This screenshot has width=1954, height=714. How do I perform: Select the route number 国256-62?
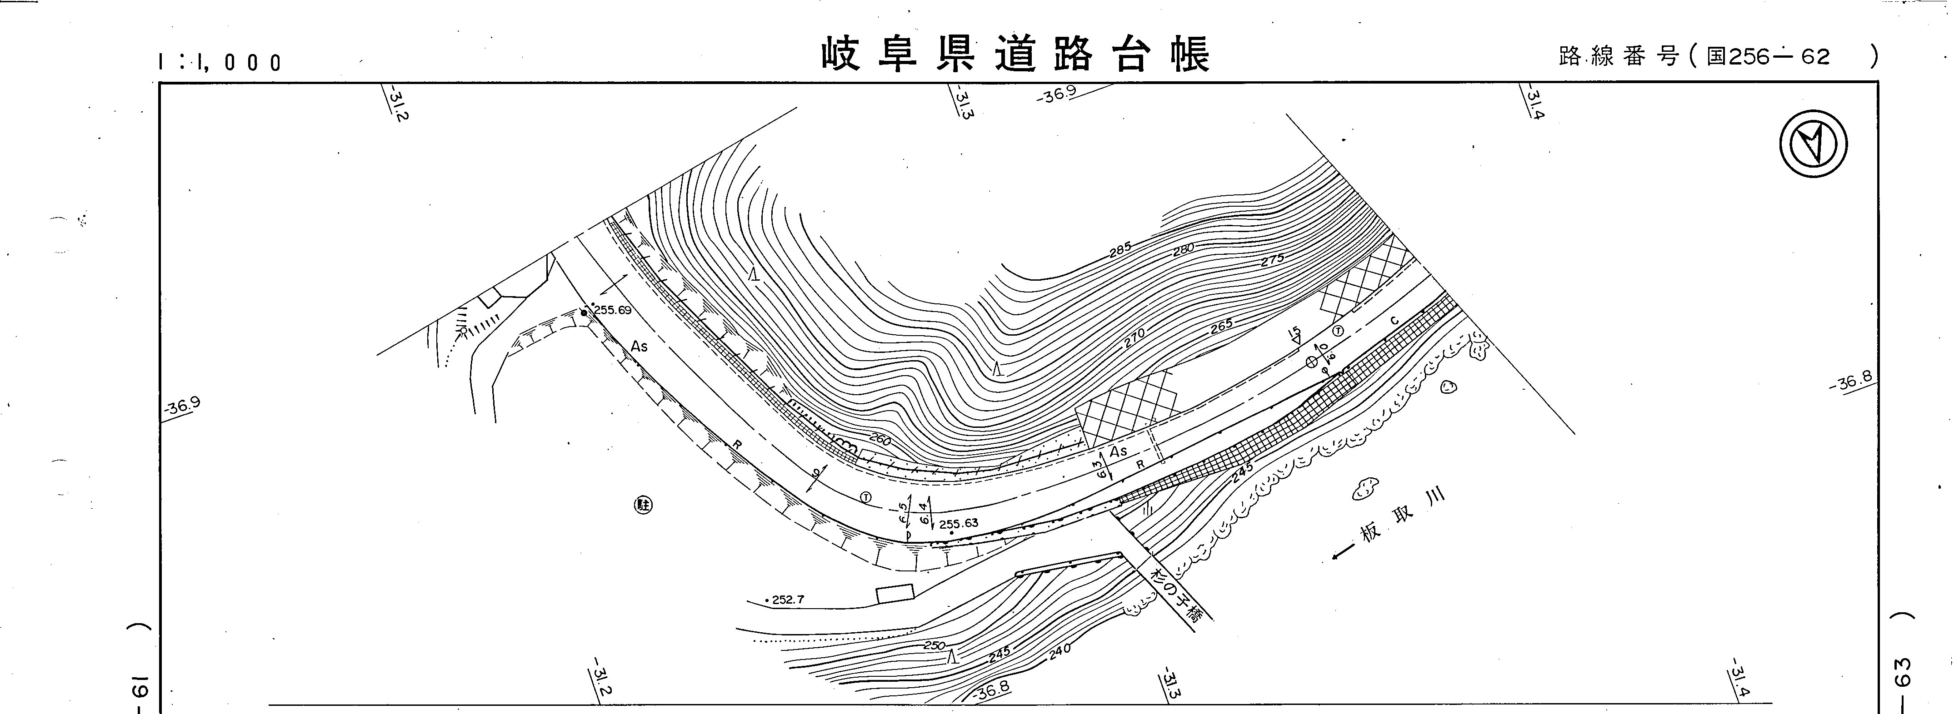click(1767, 56)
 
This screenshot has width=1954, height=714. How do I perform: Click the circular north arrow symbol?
click(1813, 145)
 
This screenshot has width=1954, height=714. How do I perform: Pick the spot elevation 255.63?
click(958, 523)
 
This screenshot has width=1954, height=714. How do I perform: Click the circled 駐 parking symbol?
click(643, 505)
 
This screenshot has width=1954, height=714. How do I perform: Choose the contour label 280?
click(1183, 249)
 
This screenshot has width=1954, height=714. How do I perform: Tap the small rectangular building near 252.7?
click(895, 594)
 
